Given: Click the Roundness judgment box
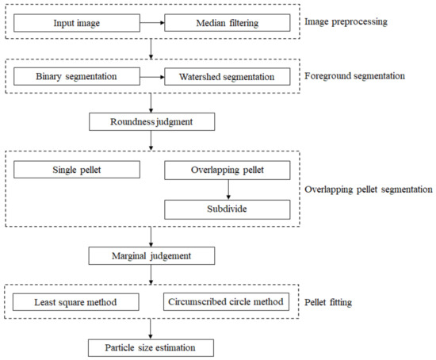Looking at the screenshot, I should coord(151,122).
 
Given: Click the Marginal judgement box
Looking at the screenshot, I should coord(151,256).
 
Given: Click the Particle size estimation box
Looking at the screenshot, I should coord(151,347).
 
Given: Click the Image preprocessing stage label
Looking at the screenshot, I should coord(347,21).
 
